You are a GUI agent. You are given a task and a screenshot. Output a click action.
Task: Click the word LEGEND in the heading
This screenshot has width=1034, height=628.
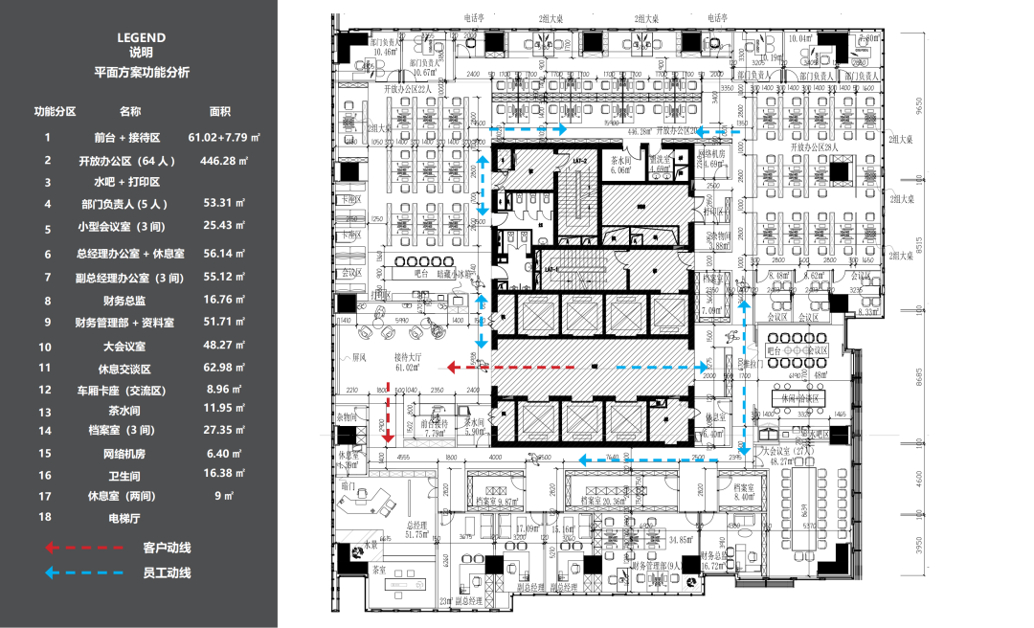pos(141,37)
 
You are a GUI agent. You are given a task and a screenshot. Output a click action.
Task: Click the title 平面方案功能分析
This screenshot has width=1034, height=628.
pos(142,72)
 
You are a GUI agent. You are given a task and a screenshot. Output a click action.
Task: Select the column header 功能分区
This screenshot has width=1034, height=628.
pos(55,112)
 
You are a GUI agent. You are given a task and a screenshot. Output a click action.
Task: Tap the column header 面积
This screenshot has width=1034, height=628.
pos(220,112)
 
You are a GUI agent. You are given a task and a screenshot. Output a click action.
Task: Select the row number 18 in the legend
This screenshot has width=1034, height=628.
pos(45,518)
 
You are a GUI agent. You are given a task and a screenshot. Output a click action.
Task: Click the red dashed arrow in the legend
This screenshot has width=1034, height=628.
pos(85,548)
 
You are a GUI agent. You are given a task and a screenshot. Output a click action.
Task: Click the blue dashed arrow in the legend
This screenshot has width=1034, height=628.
pos(85,573)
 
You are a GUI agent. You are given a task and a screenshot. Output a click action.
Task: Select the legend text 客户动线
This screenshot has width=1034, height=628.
pos(167,548)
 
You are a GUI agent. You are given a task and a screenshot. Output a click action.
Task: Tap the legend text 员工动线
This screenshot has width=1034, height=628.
pos(167,573)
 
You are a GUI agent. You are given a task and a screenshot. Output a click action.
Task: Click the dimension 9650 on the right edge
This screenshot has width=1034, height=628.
pos(919,105)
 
